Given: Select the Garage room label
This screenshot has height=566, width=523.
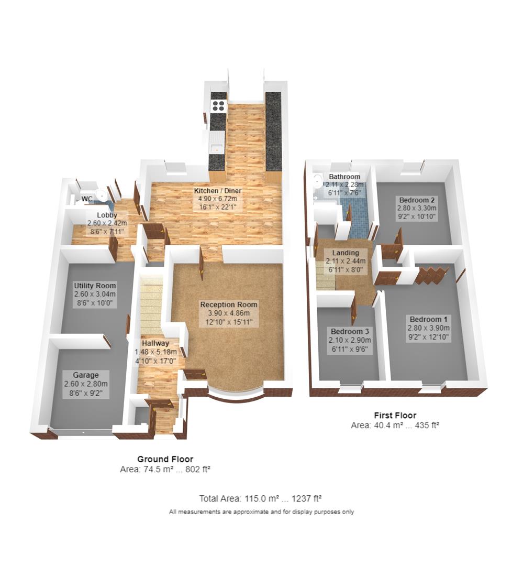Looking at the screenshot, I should tap(86, 375).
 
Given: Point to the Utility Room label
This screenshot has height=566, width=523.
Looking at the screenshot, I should tap(95, 286).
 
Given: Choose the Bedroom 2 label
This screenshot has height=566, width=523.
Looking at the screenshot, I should tap(417, 200).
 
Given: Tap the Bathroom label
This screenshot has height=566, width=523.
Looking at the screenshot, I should tap(343, 177).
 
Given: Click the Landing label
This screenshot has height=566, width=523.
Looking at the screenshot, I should tap(345, 253).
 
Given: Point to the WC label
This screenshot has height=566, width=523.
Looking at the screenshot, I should tap(87, 199).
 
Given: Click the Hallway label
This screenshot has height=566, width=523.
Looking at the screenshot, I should tap(151, 343).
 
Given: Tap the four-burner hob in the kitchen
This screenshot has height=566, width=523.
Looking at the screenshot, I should tap(218, 106).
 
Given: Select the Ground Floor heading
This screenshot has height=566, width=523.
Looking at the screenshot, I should tap(165, 459).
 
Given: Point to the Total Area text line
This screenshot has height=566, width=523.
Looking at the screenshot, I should tap(263, 498).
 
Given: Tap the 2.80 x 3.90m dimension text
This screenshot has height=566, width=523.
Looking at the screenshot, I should tap(429, 328).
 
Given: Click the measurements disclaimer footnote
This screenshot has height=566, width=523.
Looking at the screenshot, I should tap(261, 511).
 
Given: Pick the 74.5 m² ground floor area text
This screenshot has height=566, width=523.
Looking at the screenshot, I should tap(155, 470).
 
